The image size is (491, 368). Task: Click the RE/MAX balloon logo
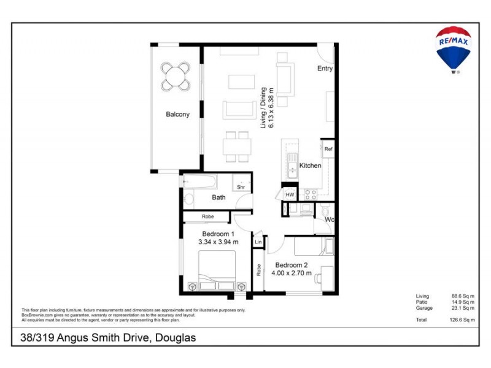coord(453,48)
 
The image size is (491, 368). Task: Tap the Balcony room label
coord(177,114)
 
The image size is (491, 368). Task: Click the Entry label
coord(325,69)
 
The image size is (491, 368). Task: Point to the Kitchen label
coord(310,166)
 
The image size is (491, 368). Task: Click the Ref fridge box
coord(328,149)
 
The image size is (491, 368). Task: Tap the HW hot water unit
coord(290,194)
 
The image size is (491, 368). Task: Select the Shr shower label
coord(241,187)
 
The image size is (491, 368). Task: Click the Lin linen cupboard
coord(258,242)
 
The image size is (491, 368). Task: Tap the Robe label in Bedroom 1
coord(207,217)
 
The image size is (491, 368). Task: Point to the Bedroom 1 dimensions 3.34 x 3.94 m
coord(218,242)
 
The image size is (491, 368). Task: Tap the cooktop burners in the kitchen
coord(310,195)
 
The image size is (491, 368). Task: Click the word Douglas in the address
coord(175,338)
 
